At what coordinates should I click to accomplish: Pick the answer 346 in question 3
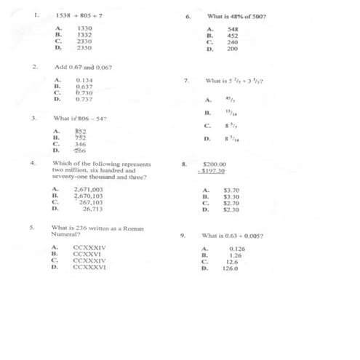point(81,144)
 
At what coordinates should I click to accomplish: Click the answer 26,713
point(92,209)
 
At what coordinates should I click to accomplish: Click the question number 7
point(187,81)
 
